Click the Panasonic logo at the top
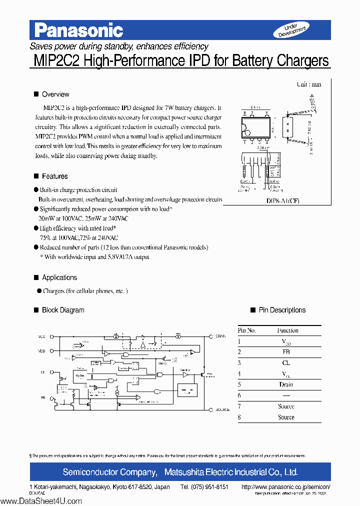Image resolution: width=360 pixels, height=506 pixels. click(x=79, y=30)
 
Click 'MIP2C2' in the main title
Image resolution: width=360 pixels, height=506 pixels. click(x=55, y=61)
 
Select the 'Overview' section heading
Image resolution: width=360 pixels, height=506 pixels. click(x=55, y=94)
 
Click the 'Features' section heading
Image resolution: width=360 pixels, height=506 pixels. click(x=54, y=176)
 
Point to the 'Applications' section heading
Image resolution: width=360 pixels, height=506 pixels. click(x=59, y=277)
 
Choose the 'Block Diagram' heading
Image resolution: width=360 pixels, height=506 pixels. click(x=63, y=310)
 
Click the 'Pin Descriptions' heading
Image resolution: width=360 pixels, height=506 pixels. click(x=282, y=310)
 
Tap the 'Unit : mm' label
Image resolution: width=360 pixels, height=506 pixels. click(x=308, y=84)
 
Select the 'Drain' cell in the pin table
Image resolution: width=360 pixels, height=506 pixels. click(x=286, y=384)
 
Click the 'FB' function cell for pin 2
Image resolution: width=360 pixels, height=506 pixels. click(x=286, y=352)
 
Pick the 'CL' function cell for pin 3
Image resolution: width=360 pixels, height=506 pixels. click(x=286, y=363)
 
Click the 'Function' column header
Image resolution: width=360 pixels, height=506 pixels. click(x=287, y=330)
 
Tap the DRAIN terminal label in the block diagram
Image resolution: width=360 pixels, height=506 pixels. click(x=221, y=336)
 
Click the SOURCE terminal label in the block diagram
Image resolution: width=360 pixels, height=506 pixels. click(x=222, y=409)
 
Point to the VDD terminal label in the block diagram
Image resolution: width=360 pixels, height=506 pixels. click(x=41, y=351)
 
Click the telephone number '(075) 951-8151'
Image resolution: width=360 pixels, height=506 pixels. click(x=204, y=487)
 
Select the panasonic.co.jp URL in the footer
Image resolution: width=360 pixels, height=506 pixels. click(x=285, y=487)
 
